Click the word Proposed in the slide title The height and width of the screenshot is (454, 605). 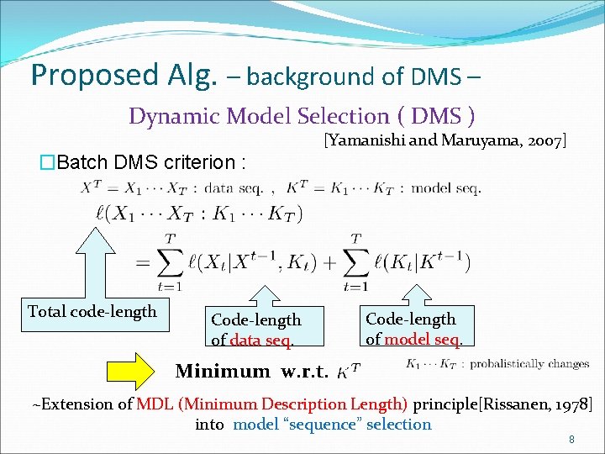click(82, 75)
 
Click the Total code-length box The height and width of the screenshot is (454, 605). click(92, 312)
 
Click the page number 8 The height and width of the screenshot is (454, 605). click(571, 440)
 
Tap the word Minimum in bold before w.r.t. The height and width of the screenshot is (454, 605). click(223, 371)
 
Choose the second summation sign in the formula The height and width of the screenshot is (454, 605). click(357, 262)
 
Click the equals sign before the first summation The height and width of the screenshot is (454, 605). click(143, 263)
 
